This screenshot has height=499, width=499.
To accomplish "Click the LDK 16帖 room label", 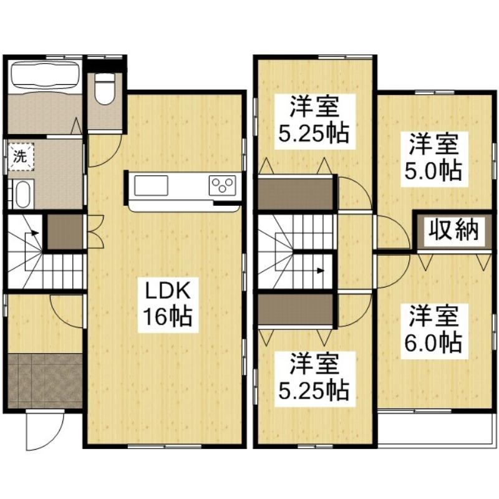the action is point(168,305).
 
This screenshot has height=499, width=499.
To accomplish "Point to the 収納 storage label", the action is point(453,230).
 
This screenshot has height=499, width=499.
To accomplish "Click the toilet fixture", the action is point(105,89).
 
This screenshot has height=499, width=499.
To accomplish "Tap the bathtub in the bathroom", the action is point(44,75).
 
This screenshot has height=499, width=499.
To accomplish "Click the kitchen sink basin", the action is point(151,185).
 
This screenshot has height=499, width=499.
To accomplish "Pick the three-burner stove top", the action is point(223,185).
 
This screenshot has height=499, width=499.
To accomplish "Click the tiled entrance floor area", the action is point(45,380).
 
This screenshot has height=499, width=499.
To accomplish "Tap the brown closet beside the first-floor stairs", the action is point(65,231).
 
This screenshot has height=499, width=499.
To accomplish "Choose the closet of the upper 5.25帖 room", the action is point(295,193).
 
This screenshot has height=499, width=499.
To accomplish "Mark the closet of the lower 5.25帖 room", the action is point(295,309).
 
